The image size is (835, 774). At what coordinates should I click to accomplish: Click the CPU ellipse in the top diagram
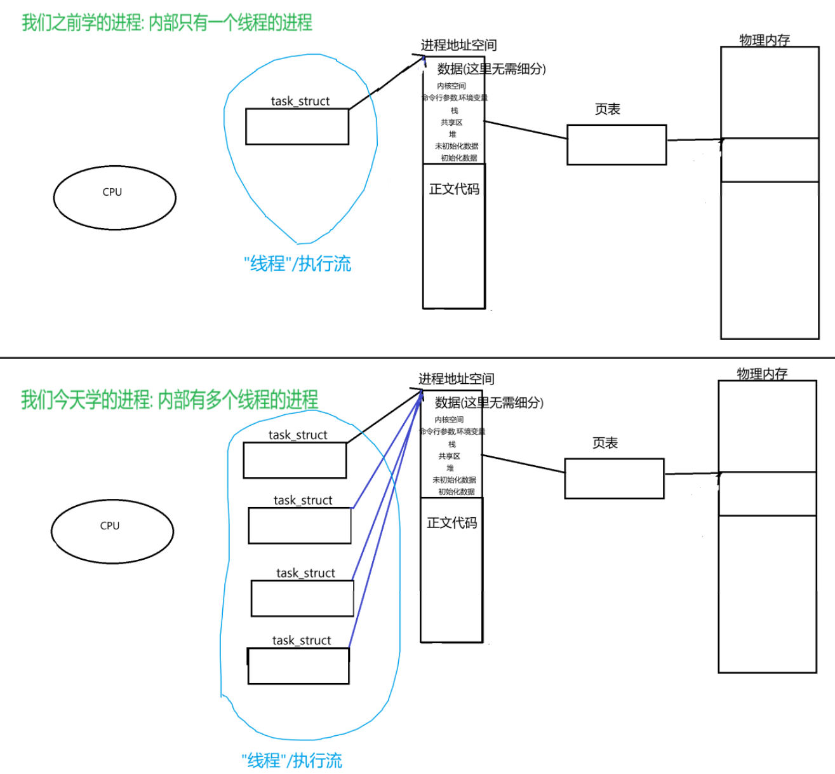(114, 198)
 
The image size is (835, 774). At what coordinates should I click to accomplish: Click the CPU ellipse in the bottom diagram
(112, 531)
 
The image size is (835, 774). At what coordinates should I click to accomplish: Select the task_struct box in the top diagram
(297, 126)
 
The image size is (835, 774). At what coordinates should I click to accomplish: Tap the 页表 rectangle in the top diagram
(617, 145)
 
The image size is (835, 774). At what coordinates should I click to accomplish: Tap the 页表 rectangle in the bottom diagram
(614, 479)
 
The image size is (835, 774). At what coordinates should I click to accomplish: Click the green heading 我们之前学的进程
(167, 23)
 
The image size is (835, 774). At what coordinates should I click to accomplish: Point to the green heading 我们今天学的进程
(170, 400)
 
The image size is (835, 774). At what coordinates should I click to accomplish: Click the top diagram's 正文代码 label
(454, 189)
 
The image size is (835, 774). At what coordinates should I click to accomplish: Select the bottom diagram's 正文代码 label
(451, 522)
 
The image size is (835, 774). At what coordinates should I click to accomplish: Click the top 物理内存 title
(765, 40)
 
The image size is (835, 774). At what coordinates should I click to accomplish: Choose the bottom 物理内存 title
(762, 374)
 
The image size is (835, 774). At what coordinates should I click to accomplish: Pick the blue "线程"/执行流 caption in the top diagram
(297, 264)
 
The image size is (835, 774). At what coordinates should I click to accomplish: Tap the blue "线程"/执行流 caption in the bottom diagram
(292, 760)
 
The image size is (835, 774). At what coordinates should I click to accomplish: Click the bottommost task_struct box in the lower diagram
(298, 666)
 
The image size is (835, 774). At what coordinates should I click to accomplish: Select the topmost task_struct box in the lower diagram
(295, 460)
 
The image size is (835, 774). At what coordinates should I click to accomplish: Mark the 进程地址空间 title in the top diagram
(458, 45)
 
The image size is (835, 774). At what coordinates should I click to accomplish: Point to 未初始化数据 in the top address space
(457, 146)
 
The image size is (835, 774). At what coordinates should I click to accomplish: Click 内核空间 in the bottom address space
(449, 419)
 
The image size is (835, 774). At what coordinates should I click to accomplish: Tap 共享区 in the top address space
(451, 122)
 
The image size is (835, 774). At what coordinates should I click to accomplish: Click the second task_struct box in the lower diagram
(300, 526)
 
